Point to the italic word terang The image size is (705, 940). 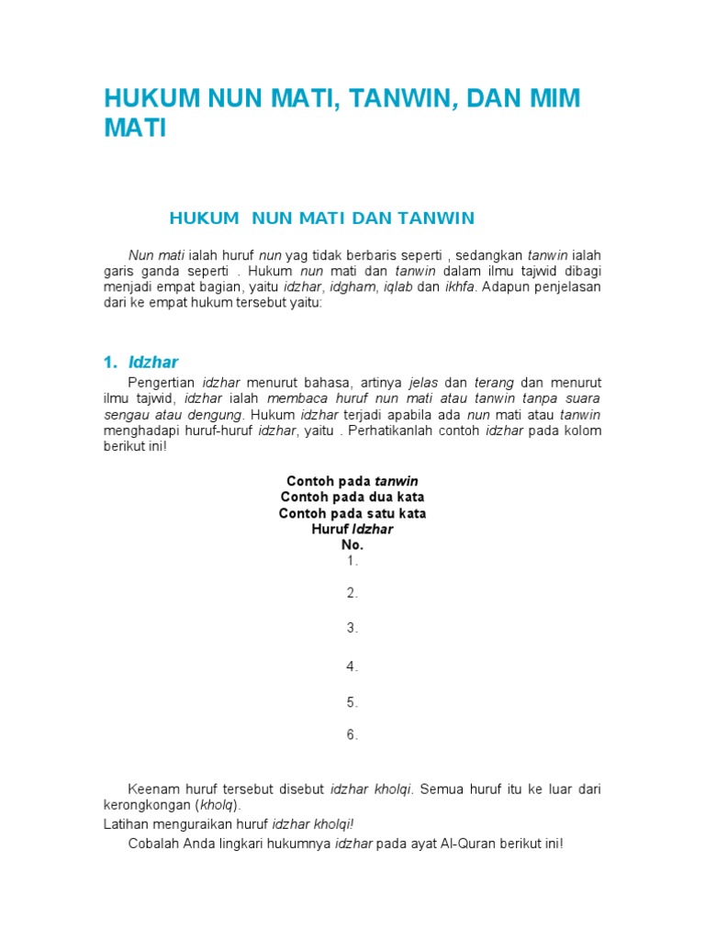tap(495, 382)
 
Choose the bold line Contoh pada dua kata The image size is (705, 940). tap(352, 498)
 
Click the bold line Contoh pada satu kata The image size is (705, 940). tap(352, 514)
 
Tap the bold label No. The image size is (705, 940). tap(352, 545)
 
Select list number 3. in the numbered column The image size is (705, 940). tap(352, 628)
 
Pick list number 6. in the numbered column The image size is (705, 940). tap(352, 734)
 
